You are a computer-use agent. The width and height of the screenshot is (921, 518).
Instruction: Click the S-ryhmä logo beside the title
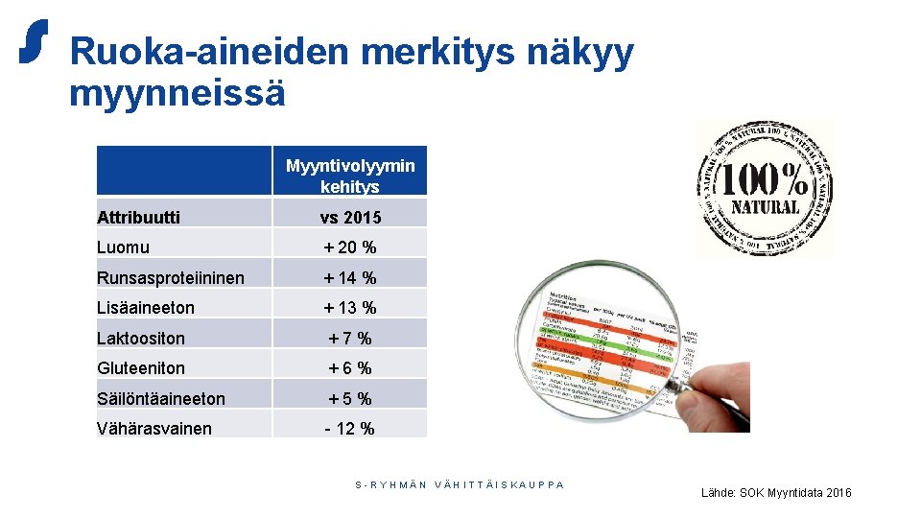(x=34, y=41)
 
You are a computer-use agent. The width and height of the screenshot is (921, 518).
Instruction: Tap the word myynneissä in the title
(x=177, y=94)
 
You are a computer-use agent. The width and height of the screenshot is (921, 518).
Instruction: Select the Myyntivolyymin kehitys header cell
(x=350, y=176)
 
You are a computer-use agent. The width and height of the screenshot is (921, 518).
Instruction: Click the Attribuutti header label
(x=138, y=218)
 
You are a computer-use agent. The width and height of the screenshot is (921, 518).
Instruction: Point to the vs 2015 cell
(x=350, y=218)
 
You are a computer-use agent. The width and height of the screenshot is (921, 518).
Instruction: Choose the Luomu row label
(x=124, y=247)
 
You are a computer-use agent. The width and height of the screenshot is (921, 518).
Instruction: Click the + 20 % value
(x=350, y=247)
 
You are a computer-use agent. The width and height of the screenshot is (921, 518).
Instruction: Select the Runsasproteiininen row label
(x=171, y=278)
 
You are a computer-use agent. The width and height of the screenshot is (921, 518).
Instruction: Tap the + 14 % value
(x=350, y=278)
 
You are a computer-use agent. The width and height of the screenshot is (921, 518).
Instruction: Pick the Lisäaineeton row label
(x=146, y=308)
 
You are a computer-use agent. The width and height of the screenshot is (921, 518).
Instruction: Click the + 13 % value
(x=350, y=308)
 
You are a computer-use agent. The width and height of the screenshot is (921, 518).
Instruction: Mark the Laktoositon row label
(x=141, y=339)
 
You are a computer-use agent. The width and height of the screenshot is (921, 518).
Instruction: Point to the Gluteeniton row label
(x=141, y=368)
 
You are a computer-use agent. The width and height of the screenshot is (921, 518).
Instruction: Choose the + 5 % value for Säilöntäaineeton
(x=350, y=399)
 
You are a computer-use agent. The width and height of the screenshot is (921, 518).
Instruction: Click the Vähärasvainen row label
(x=154, y=429)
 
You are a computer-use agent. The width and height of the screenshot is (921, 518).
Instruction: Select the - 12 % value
(x=350, y=429)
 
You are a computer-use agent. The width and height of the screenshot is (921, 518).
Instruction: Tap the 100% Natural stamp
(x=765, y=188)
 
